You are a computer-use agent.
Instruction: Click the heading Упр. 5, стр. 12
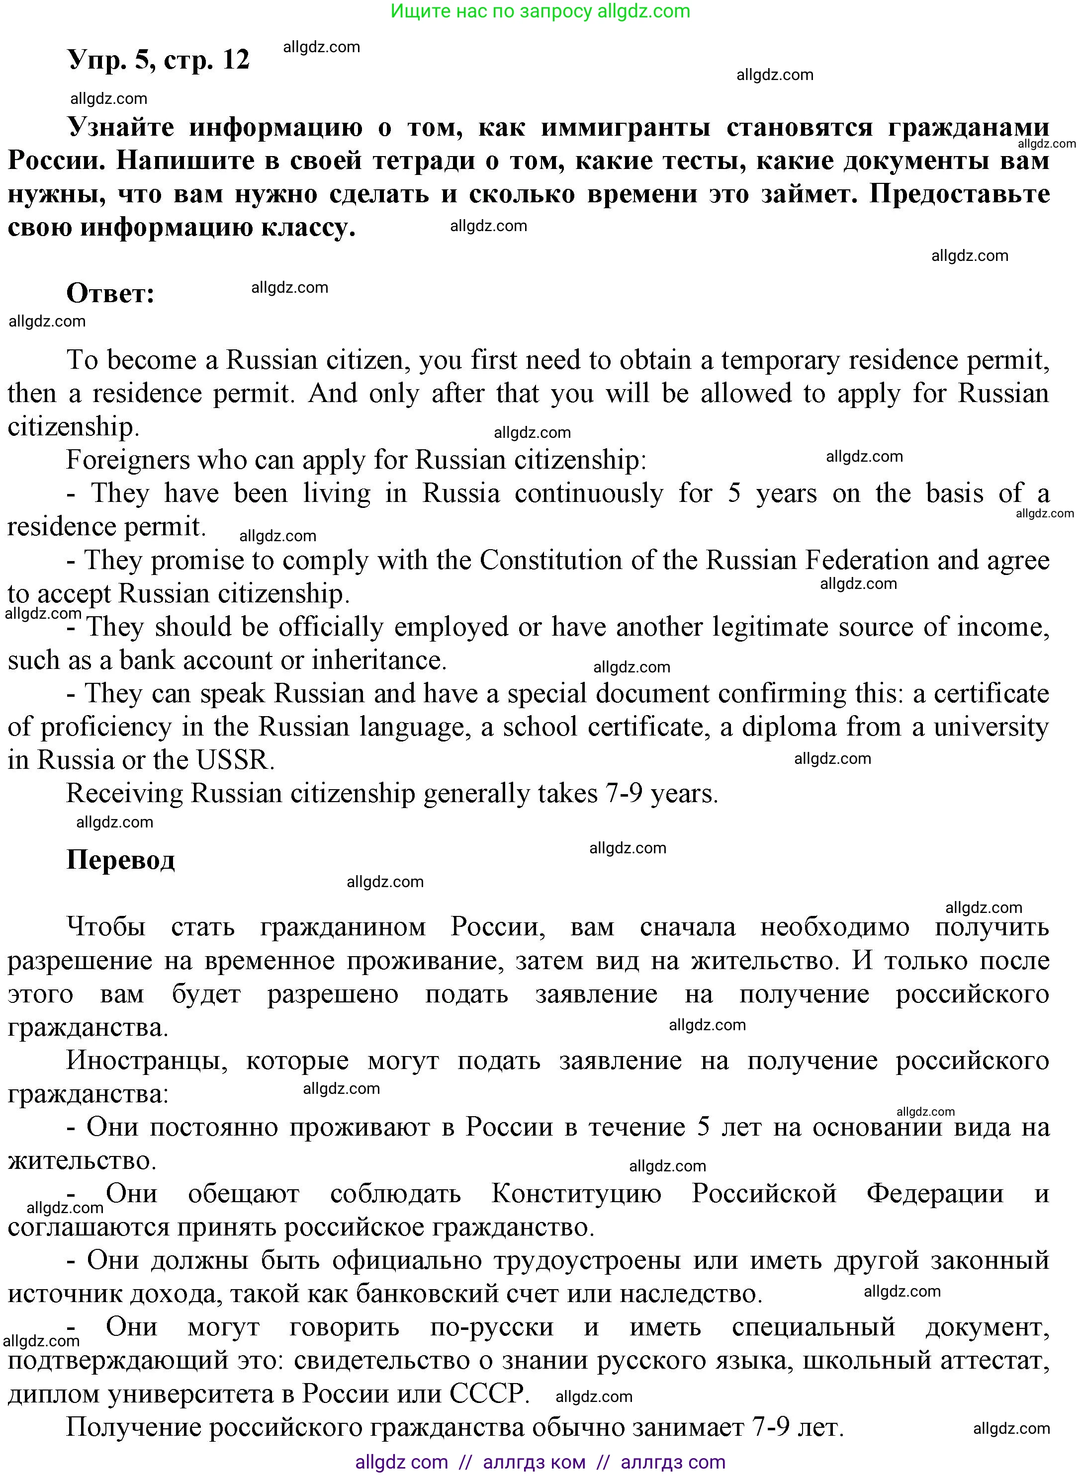point(159,60)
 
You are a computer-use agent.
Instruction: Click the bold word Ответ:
point(110,293)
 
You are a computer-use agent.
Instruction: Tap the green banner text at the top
point(541,11)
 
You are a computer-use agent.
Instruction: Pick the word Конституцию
point(576,1193)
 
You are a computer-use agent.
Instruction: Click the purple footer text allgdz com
point(401,1462)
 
